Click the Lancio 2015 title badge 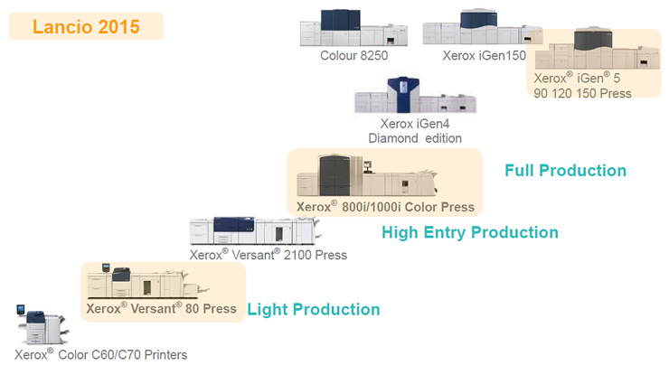(86, 25)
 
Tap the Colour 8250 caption (354, 56)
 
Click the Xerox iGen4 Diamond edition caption (415, 130)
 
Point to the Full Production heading (566, 170)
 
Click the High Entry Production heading (470, 232)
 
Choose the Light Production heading (314, 309)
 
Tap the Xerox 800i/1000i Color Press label (383, 206)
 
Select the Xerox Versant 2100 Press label (269, 255)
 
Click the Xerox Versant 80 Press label (162, 308)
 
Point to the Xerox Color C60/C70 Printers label (101, 354)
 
